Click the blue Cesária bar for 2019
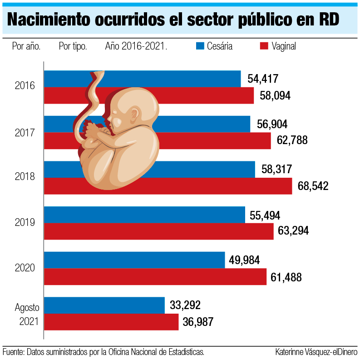tap(144, 215)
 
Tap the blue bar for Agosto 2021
tap(104, 305)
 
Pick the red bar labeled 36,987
tap(111, 322)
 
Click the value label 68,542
tap(313, 186)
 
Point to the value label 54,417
tap(262, 79)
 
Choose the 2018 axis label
tap(25, 177)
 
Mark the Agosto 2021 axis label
tap(26, 314)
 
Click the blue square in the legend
tap(200, 46)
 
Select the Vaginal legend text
tap(284, 46)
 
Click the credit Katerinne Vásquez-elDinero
tap(316, 352)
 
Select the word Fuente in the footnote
tap(13, 352)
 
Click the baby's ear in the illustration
tap(134, 112)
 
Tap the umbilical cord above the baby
tap(94, 91)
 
